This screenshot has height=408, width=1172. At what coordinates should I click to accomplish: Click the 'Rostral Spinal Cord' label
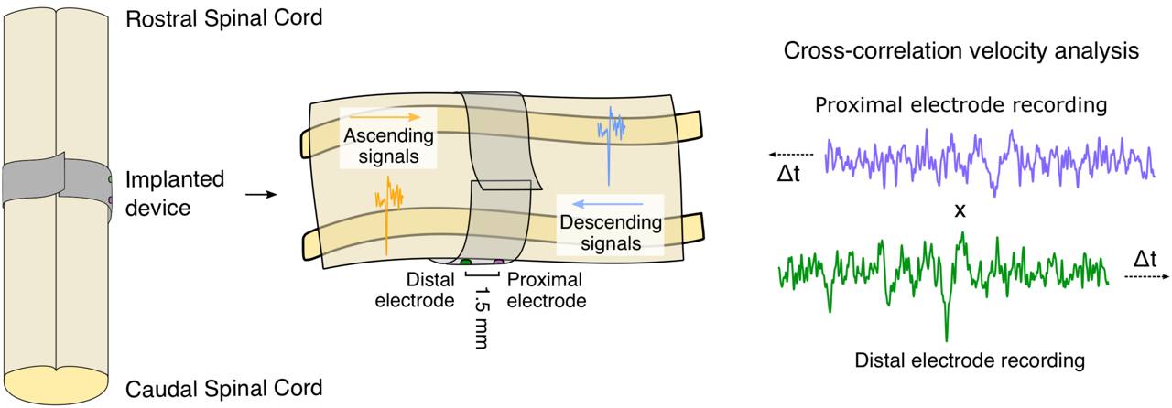pos(223,18)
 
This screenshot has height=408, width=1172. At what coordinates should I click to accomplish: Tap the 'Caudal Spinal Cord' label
pos(223,388)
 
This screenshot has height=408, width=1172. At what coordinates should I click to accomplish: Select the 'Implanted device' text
pos(174,193)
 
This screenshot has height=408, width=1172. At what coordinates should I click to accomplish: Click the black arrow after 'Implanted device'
pos(262,194)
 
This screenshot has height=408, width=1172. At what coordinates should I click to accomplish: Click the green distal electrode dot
pos(466,263)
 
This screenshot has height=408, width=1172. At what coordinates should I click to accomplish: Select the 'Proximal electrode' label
pos(546,289)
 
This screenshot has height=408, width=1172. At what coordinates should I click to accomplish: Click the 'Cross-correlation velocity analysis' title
pos(961,51)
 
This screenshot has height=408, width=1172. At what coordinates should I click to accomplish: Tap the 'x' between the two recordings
pos(960,210)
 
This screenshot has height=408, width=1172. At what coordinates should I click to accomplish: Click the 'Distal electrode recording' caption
pos(969,360)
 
